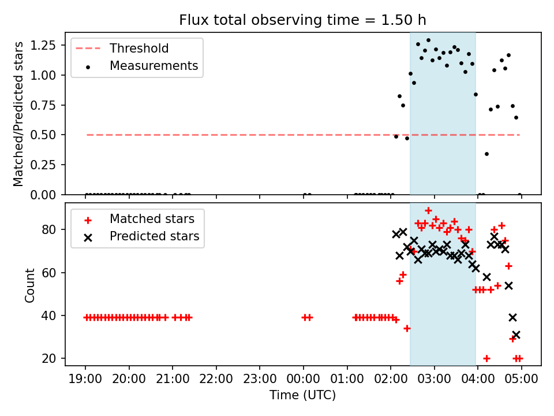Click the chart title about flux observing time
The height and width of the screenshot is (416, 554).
[302, 20]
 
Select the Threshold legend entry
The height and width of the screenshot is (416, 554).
[139, 48]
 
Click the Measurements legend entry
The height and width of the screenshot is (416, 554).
[154, 66]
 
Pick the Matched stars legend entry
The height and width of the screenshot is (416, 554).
[152, 219]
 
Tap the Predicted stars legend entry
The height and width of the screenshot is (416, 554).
[154, 236]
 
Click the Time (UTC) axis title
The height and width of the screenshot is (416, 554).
[302, 395]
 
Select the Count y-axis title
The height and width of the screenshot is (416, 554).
[29, 285]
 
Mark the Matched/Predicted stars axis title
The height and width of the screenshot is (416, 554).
[18, 114]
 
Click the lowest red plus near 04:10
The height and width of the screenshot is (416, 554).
[486, 358]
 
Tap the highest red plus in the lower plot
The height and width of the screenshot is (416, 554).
[428, 210]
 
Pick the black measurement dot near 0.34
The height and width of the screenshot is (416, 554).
[486, 154]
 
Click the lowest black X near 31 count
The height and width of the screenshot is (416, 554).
[516, 335]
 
